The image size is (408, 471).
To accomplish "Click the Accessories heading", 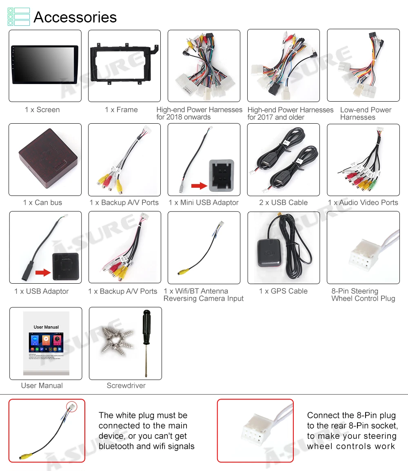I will click(x=75, y=17).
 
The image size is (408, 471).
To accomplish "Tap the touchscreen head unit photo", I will click(x=45, y=64).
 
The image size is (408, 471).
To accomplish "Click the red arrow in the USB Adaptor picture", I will click(x=42, y=272).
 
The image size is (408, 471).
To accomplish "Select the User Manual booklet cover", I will click(x=46, y=343).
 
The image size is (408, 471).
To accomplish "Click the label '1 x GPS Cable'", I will click(x=283, y=291).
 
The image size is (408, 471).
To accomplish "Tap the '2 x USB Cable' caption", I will click(x=283, y=202).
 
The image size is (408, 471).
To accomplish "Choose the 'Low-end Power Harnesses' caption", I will click(x=366, y=113).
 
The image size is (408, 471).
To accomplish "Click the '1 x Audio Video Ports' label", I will click(x=363, y=202).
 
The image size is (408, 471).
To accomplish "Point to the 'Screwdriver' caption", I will click(x=126, y=385).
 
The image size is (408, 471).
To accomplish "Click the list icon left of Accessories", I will click(x=19, y=17).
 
